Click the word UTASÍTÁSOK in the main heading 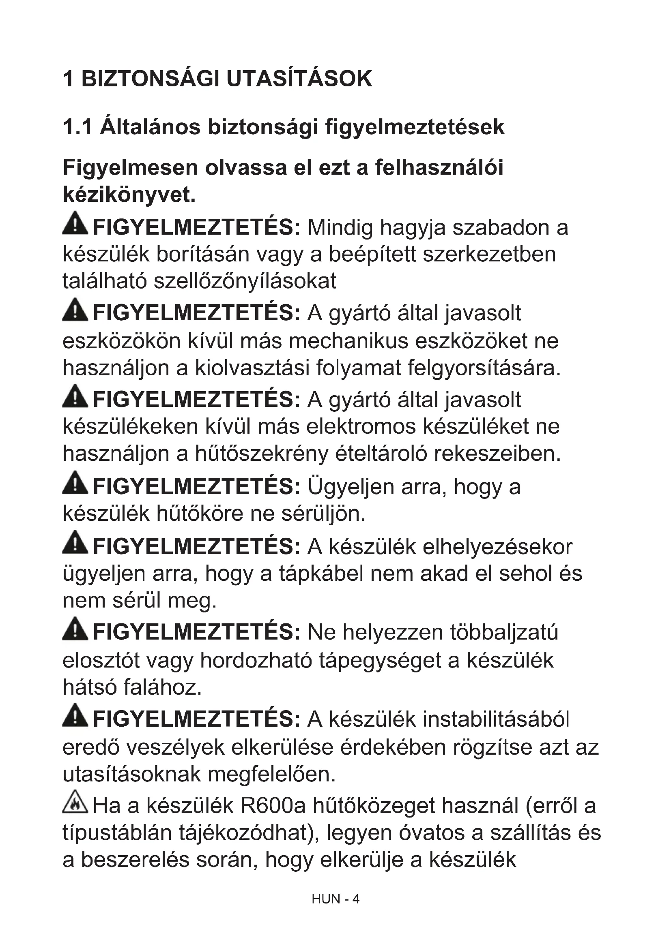(299, 79)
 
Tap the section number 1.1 (77, 127)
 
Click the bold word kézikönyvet (129, 195)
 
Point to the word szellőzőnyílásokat (245, 281)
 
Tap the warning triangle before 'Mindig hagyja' (75, 223)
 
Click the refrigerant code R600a (272, 806)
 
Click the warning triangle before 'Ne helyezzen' (75, 629)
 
